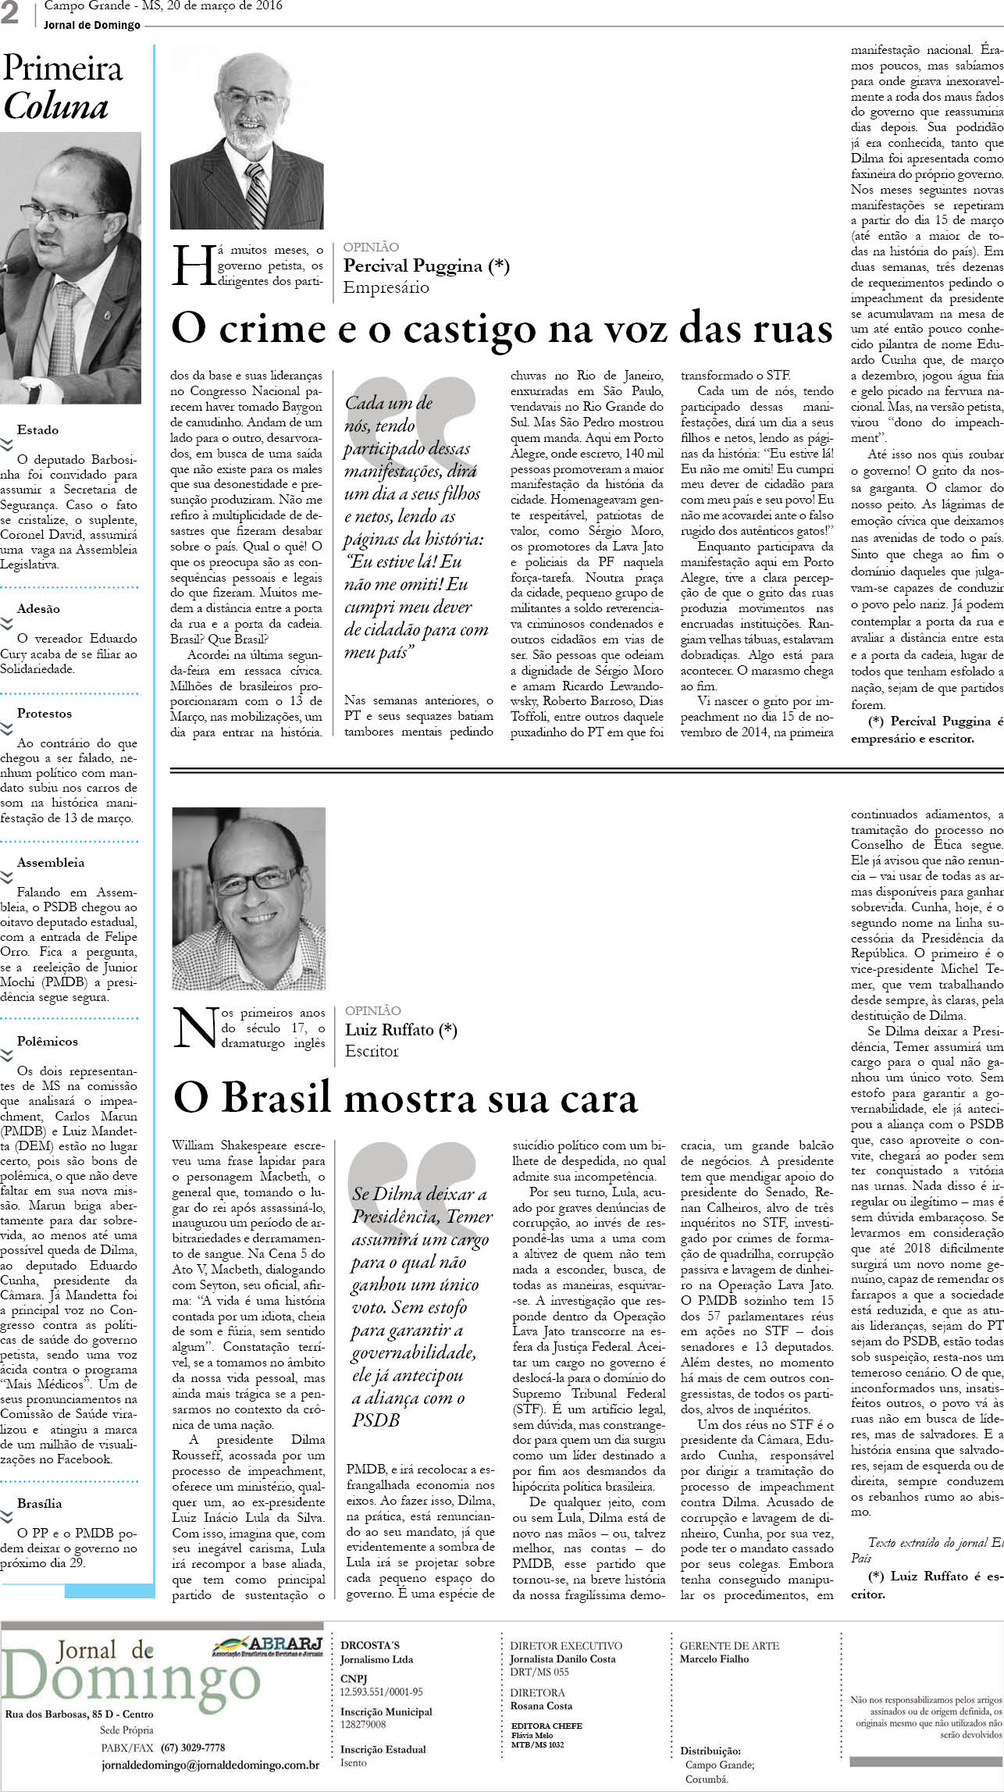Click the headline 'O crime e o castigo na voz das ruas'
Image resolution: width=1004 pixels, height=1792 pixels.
tap(501, 329)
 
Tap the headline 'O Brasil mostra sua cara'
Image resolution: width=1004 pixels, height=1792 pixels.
tap(405, 1097)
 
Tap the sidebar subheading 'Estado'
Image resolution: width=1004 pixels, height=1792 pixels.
tap(37, 429)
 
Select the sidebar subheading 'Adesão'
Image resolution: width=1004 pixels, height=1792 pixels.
tap(38, 608)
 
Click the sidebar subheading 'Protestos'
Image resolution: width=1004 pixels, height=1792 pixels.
tap(44, 713)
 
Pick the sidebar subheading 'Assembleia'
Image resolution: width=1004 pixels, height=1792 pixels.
tap(51, 862)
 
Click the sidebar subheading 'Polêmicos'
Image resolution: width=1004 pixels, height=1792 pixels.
tap(48, 1041)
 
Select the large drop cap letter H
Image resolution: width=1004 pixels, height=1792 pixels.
tap(190, 266)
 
